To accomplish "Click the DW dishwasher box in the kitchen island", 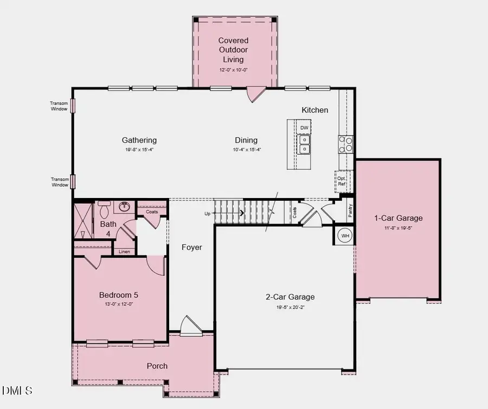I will [304, 128].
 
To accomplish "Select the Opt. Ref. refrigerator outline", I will [342, 181].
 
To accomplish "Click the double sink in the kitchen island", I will [305, 144].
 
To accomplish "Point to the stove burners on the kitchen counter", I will [345, 143].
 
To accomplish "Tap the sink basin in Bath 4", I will [125, 207].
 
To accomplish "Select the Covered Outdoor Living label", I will [233, 50].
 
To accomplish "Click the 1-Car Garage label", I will [398, 218].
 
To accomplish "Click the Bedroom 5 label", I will [118, 295].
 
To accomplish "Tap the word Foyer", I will [191, 247].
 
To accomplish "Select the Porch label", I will [157, 366].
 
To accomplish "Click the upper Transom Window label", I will [59, 106].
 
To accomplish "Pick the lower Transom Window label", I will [59, 182].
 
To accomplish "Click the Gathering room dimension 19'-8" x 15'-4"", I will [139, 150].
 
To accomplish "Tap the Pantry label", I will [350, 210].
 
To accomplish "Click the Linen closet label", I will [124, 252].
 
